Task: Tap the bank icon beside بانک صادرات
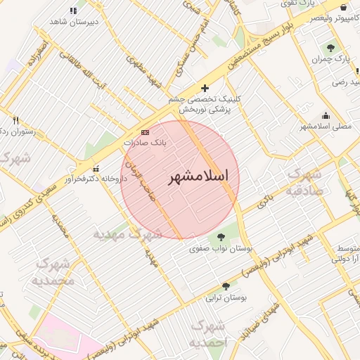[145, 131]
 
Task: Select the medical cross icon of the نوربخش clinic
[205, 88]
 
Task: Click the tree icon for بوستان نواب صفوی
[222, 237]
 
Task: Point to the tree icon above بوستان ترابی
[226, 286]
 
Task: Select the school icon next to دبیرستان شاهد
[74, 11]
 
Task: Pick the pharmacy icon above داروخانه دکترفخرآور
[96, 167]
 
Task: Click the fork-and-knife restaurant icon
[15, 120]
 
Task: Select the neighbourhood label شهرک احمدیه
[209, 335]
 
